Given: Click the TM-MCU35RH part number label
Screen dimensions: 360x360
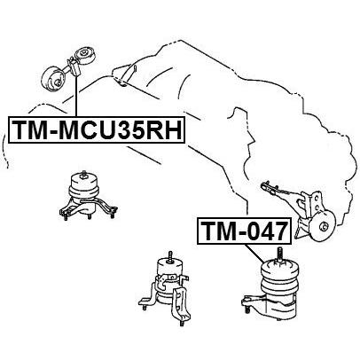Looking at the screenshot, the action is [97, 129].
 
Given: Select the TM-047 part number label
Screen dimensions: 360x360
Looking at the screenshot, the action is [245, 231].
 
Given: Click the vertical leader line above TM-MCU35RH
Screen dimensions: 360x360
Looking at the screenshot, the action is [76, 96].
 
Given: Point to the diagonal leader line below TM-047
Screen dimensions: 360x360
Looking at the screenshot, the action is [254, 254].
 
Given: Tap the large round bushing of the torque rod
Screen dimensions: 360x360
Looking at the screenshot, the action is [53, 79].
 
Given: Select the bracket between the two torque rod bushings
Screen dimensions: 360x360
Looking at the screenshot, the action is [74, 67].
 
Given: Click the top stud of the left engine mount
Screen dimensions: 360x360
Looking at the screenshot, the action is [84, 174].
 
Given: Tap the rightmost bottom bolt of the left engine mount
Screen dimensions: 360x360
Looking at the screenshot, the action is [113, 215].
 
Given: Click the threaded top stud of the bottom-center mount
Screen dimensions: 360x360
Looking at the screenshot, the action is [170, 256].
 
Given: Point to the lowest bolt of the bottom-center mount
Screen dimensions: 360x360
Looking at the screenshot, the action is [181, 323].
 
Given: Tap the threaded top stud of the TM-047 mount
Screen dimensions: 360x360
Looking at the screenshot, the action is [278, 254].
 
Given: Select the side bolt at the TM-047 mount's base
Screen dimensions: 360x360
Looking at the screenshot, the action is [247, 309].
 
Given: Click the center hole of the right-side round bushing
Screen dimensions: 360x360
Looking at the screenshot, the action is [324, 227].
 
